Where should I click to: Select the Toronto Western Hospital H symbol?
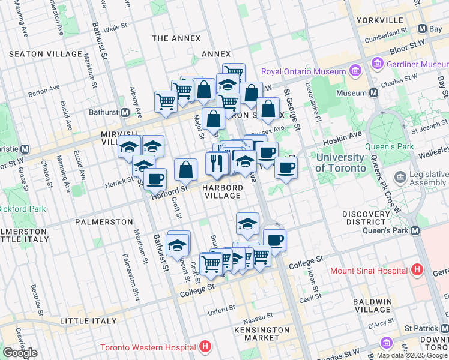click(x=205, y=347)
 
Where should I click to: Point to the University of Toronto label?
click(x=340, y=163)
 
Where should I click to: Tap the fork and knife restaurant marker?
click(x=217, y=163)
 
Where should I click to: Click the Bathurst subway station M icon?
click(x=126, y=112)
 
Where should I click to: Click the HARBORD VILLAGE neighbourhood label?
click(x=222, y=191)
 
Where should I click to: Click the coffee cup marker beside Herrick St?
click(x=155, y=178)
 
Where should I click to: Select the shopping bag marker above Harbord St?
click(x=186, y=169)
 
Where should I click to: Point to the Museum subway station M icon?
click(x=373, y=93)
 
